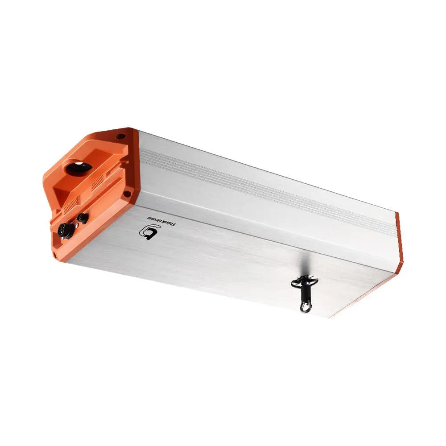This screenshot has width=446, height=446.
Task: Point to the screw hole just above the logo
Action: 127,194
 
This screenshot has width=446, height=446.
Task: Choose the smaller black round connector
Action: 82,218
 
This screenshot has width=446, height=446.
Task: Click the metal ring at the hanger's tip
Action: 306,306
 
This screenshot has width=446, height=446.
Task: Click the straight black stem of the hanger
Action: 304,294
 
